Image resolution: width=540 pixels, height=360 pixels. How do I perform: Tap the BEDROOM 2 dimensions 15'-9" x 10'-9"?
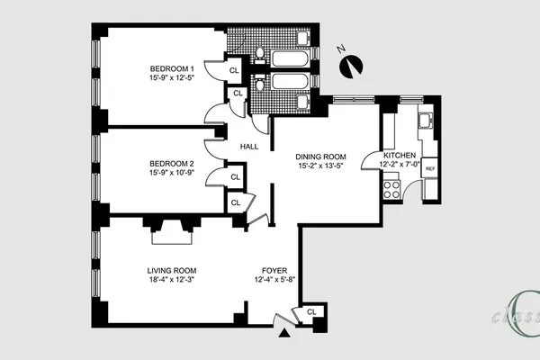pos(172,172)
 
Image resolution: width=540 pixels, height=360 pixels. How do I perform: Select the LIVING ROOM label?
pos(172,271)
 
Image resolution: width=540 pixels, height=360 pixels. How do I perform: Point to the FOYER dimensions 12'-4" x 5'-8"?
pos(274,279)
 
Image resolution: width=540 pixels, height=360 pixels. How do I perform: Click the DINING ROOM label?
pos(320,157)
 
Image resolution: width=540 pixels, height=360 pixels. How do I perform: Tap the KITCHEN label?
pos(400,156)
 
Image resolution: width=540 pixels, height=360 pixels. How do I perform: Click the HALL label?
pos(249,147)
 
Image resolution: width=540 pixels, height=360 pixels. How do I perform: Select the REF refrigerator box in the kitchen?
pos(430,168)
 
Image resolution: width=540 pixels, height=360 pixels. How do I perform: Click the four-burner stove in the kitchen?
pos(391,190)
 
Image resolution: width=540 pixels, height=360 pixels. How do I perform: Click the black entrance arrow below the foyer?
pos(284,332)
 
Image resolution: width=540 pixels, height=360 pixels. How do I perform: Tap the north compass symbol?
pos(351,67)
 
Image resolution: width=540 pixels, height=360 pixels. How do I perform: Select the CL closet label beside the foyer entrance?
pos(311,312)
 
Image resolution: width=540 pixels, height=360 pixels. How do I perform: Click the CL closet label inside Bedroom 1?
pos(234,70)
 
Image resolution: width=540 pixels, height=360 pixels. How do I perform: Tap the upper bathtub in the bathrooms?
pos(291,58)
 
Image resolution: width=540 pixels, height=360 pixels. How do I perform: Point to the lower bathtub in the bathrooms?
pos(291,81)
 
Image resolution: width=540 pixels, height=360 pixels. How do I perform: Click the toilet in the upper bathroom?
pos(260,55)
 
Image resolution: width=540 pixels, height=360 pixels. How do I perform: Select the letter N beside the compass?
pos(341,49)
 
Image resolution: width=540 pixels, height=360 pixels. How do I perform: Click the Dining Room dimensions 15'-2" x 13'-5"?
pos(320,166)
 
